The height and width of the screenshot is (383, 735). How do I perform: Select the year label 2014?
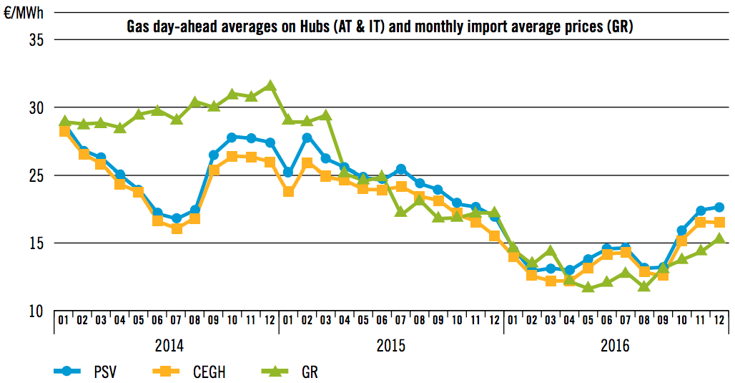(x=169, y=346)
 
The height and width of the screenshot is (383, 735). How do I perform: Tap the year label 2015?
(x=390, y=346)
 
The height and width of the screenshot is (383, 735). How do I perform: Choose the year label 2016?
(x=616, y=346)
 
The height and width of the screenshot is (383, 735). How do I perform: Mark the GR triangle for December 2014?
(x=270, y=85)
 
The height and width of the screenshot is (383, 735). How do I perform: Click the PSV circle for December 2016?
(x=719, y=207)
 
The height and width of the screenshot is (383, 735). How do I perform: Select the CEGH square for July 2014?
(x=177, y=228)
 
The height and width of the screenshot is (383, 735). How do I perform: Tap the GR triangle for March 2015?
(x=325, y=115)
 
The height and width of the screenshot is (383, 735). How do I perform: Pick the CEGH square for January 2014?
(x=64, y=131)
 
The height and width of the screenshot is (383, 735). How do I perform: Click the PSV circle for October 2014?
(x=232, y=137)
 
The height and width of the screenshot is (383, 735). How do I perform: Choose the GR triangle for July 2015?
(x=400, y=212)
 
